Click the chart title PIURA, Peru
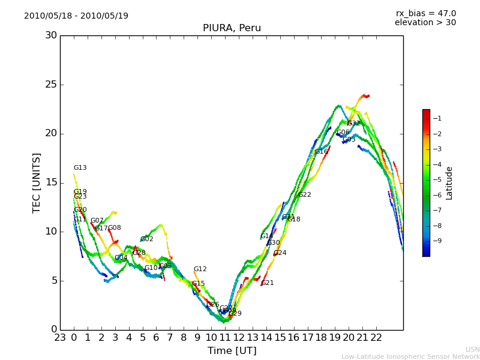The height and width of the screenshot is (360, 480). pos(232,28)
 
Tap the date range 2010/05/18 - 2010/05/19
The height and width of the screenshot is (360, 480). pos(76,16)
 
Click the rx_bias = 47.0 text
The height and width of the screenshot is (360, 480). pos(425,13)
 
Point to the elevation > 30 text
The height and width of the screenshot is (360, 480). pos(425,23)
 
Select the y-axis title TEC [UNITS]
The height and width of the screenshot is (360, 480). pos(37,182)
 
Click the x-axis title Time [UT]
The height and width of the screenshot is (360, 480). pos(232,351)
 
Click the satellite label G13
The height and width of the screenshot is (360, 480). pos(80,168)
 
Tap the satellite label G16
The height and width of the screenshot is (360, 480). pos(322,152)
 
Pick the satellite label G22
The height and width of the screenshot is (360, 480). pos(305,195)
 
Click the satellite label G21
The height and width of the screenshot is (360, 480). pos(268,283)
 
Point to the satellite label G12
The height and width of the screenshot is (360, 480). pos(200,269)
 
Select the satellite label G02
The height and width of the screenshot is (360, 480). pos(147,239)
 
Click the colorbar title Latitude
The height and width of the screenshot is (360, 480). pos(449,183)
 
